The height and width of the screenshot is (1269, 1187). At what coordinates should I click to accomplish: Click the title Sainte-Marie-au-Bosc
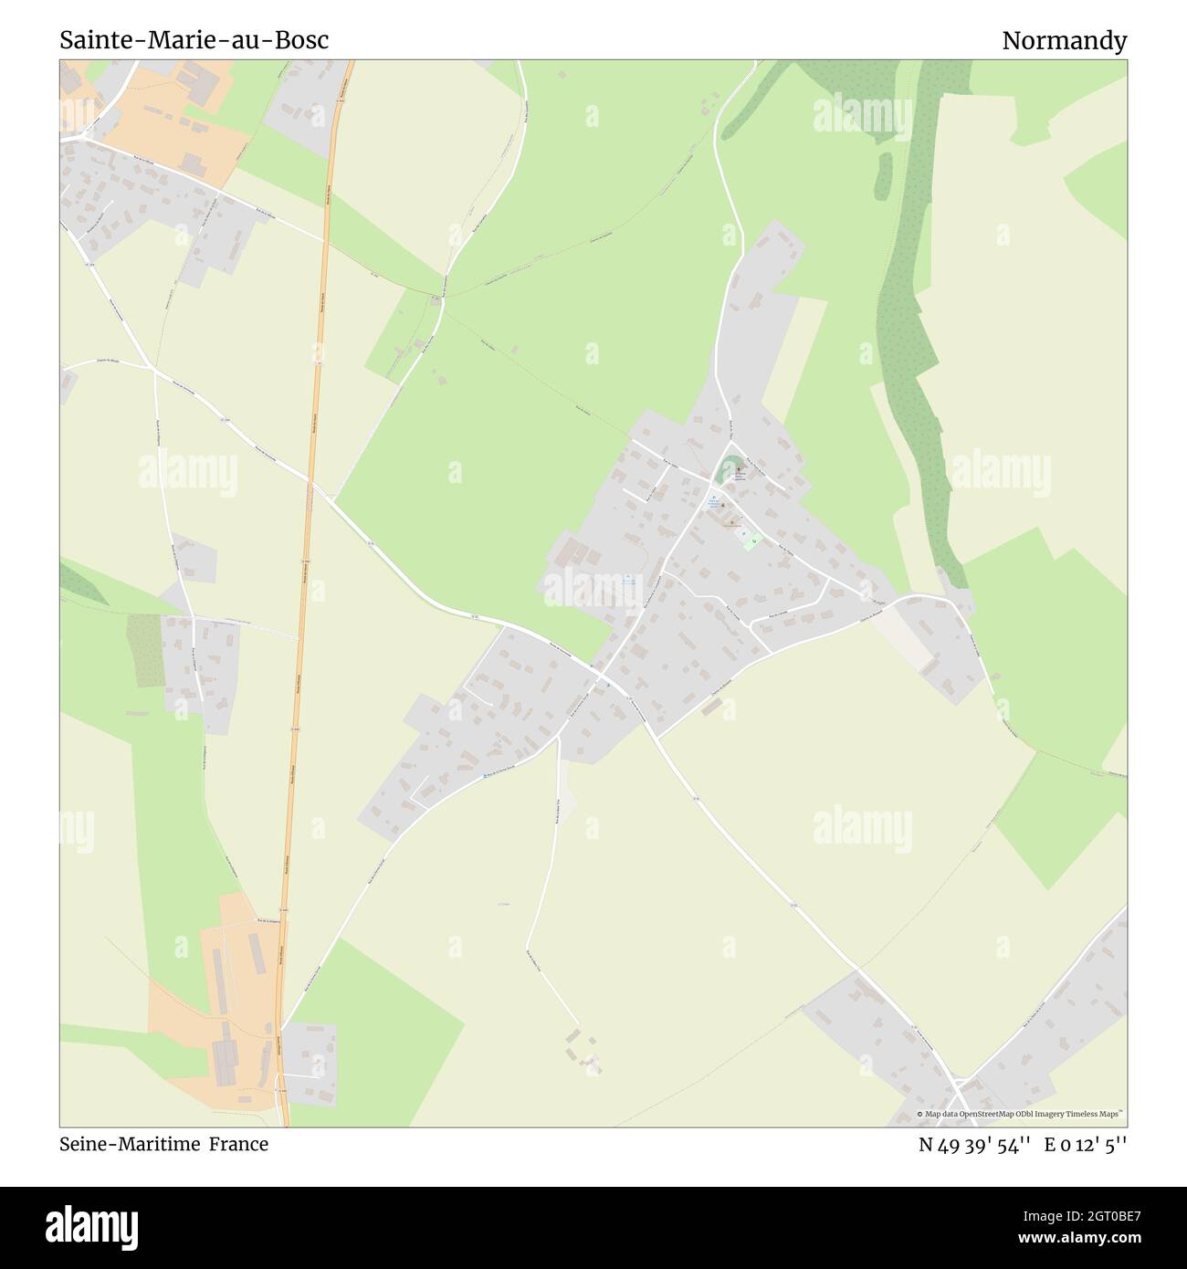(194, 41)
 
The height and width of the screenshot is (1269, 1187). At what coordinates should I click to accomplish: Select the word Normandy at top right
(1064, 41)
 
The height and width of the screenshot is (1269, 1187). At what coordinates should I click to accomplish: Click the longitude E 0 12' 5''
(1086, 1144)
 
